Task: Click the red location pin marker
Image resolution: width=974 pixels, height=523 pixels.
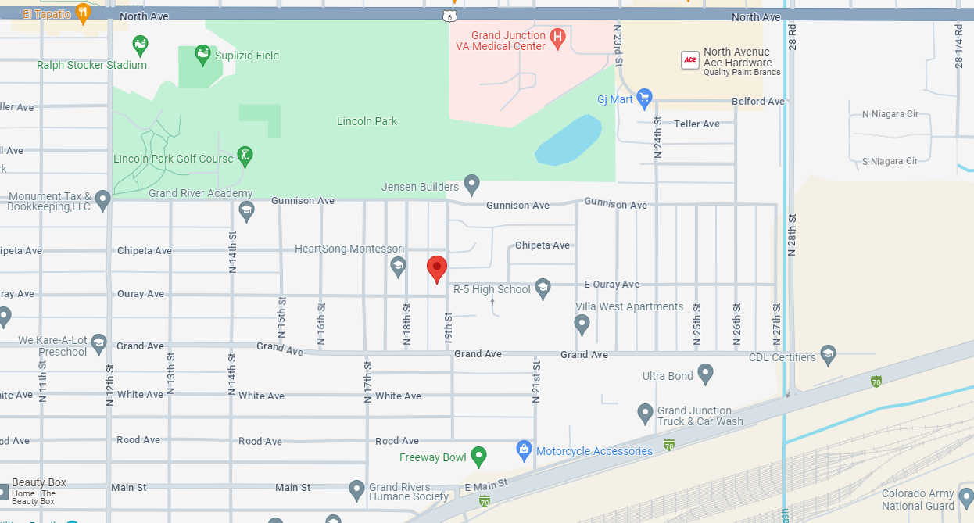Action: pos(437,268)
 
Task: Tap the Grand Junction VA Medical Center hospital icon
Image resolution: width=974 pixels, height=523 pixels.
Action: pos(557,37)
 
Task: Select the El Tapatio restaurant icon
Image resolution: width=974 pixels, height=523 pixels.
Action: pos(84,13)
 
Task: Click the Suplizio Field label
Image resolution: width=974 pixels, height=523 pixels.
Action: pos(247,56)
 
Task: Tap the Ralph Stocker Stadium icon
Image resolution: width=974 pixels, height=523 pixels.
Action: pos(140,45)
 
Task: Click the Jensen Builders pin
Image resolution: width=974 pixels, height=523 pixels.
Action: pos(471,184)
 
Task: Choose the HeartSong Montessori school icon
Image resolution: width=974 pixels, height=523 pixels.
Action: pos(398,267)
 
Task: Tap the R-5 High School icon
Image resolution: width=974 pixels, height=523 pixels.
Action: pos(543,288)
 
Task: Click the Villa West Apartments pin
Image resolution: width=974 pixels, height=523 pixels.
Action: pos(582,323)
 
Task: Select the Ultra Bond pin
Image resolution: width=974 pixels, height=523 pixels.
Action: pos(705,374)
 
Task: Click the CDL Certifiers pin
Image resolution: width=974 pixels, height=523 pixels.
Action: pos(828,356)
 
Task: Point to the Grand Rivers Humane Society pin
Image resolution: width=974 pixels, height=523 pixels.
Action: pos(357,489)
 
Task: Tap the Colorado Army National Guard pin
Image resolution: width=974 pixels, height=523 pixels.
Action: pos(966,497)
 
